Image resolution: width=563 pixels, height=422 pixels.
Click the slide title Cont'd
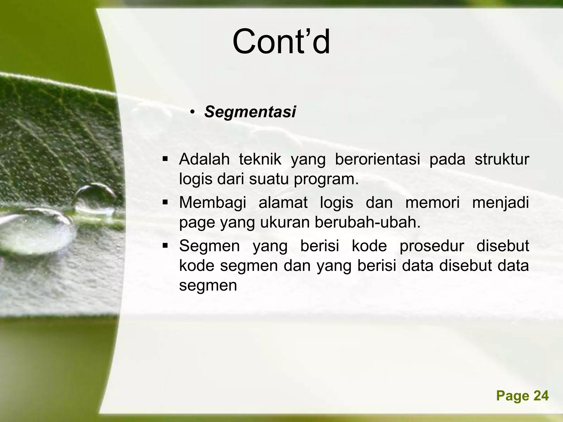281,42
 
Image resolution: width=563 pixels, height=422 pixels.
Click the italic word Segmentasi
250,112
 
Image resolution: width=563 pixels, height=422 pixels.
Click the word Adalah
204,159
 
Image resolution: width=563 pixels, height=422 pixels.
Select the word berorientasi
377,159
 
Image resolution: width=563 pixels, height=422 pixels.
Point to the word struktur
501,159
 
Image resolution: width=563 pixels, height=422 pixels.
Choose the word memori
432,202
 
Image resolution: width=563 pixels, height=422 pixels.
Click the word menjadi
500,203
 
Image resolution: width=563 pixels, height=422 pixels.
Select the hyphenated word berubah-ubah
368,223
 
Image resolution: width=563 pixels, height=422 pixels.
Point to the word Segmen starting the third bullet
209,246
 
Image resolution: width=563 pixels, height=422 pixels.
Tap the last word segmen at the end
208,286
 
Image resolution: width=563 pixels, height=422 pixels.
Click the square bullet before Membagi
165,203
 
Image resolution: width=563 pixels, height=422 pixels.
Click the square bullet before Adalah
165,159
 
